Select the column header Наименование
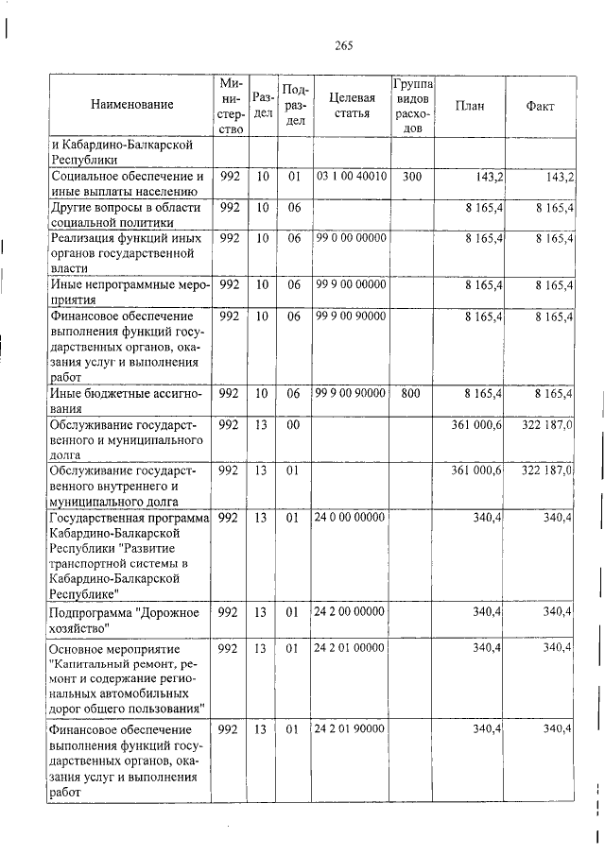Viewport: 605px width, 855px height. tap(132, 105)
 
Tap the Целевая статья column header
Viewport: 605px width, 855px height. tap(351, 105)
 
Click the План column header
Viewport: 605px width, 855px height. tap(470, 106)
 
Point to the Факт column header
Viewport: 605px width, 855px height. tap(540, 106)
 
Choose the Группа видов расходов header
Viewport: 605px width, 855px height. tap(412, 106)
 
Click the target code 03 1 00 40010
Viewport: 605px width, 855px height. tap(351, 177)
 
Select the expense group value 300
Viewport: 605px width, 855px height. tap(412, 177)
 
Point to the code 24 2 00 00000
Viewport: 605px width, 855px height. tap(351, 612)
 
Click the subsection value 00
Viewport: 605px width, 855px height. tap(293, 425)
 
